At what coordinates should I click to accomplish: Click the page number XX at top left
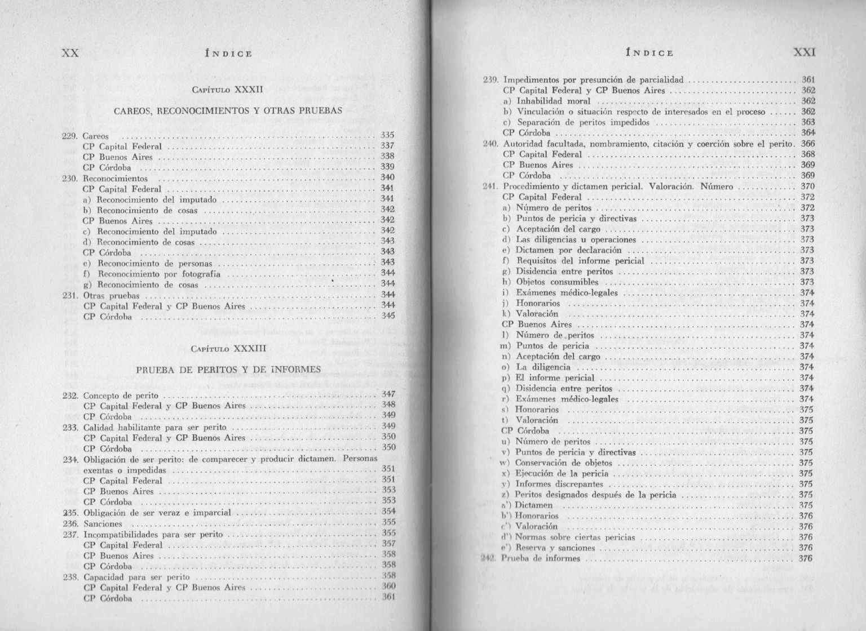pyautogui.click(x=70, y=53)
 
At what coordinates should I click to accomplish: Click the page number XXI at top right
pyautogui.click(x=805, y=52)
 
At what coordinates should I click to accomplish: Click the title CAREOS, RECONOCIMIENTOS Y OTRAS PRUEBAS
pyautogui.click(x=228, y=111)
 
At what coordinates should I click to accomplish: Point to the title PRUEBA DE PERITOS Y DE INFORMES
pyautogui.click(x=228, y=370)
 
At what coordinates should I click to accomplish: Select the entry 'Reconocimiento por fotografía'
pyautogui.click(x=159, y=274)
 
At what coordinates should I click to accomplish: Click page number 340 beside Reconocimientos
pyautogui.click(x=387, y=177)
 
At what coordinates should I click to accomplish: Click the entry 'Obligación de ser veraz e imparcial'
pyautogui.click(x=157, y=513)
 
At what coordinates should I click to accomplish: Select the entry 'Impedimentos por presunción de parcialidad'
pyautogui.click(x=593, y=80)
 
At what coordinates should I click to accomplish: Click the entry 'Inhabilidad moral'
pyautogui.click(x=554, y=101)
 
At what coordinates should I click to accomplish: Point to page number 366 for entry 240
pyautogui.click(x=807, y=144)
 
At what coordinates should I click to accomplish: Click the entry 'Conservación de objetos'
pyautogui.click(x=563, y=463)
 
